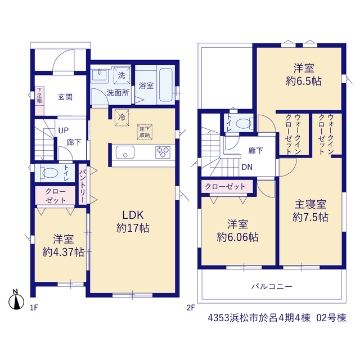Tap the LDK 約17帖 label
tap(133, 222)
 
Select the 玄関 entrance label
tap(65, 97)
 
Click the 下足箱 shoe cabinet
tap(39, 101)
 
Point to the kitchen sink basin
tap(125, 152)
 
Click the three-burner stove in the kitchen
tap(163, 152)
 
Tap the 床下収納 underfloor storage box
tap(145, 132)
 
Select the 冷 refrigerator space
tap(121, 118)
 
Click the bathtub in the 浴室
tap(166, 85)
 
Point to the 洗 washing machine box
tap(121, 75)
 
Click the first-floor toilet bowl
tap(49, 173)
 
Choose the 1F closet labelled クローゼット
tap(55, 195)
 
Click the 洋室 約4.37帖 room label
tap(63, 246)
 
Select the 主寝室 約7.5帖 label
tap(310, 210)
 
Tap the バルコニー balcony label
tap(272, 286)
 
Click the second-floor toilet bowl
tap(244, 124)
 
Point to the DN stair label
tap(247, 167)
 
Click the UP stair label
tap(64, 130)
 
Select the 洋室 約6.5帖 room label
tap(304, 75)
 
